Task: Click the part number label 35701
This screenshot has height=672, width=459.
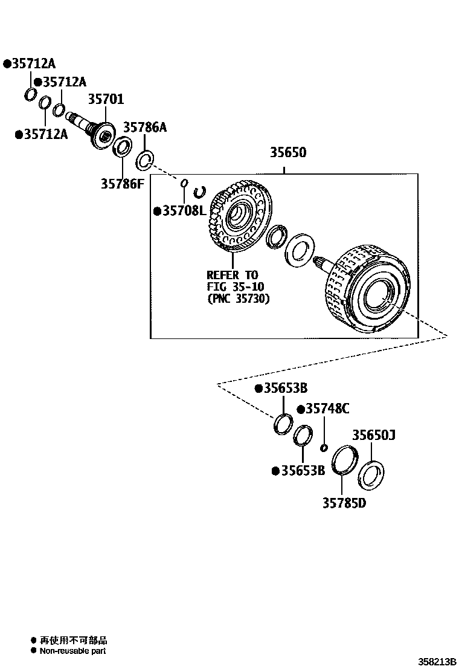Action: coord(106,99)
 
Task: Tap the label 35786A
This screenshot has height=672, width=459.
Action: coord(145,128)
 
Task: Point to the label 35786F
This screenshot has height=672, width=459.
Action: coord(123,183)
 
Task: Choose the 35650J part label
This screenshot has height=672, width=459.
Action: coord(374,436)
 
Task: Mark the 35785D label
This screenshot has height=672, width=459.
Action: coord(344,503)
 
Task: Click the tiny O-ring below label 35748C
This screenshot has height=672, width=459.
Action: coord(324,447)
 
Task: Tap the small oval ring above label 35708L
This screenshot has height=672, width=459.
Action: coord(184,182)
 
